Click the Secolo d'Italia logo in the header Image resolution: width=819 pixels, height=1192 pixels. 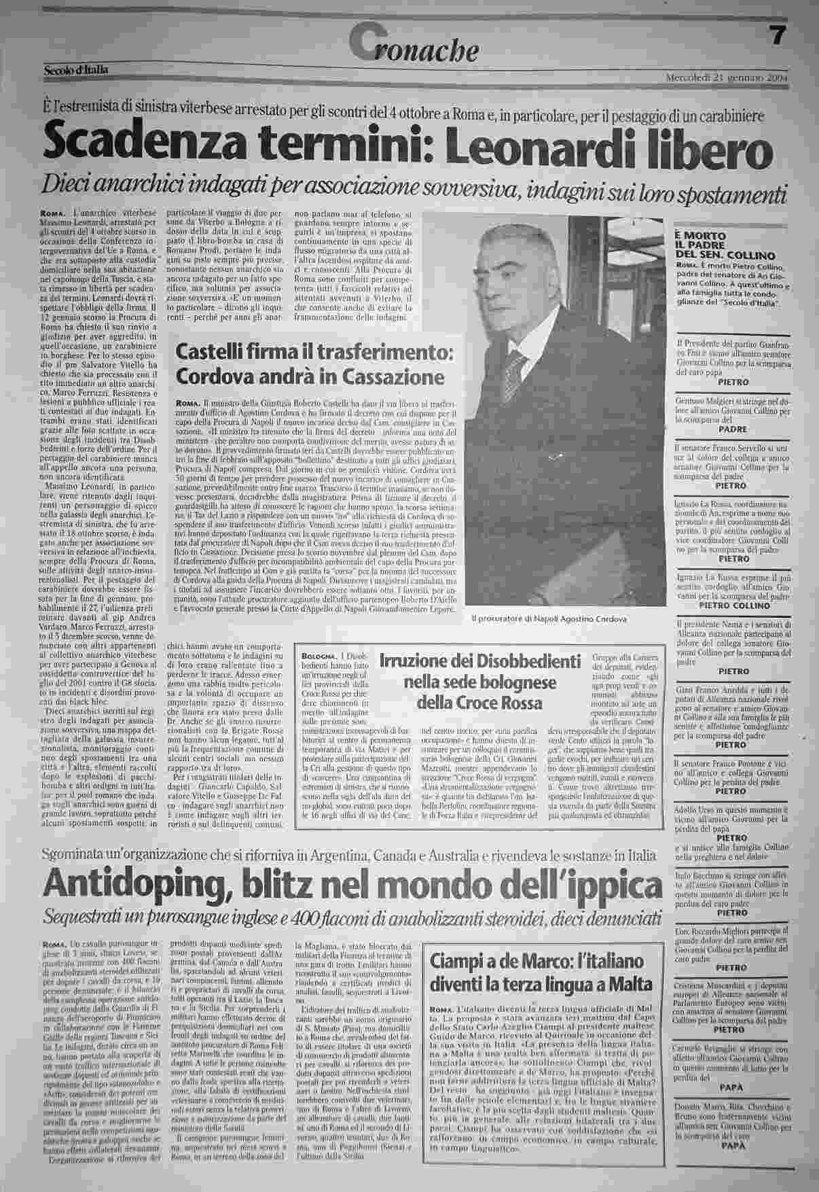coord(76,70)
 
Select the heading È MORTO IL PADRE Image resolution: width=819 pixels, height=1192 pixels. coord(706,241)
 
